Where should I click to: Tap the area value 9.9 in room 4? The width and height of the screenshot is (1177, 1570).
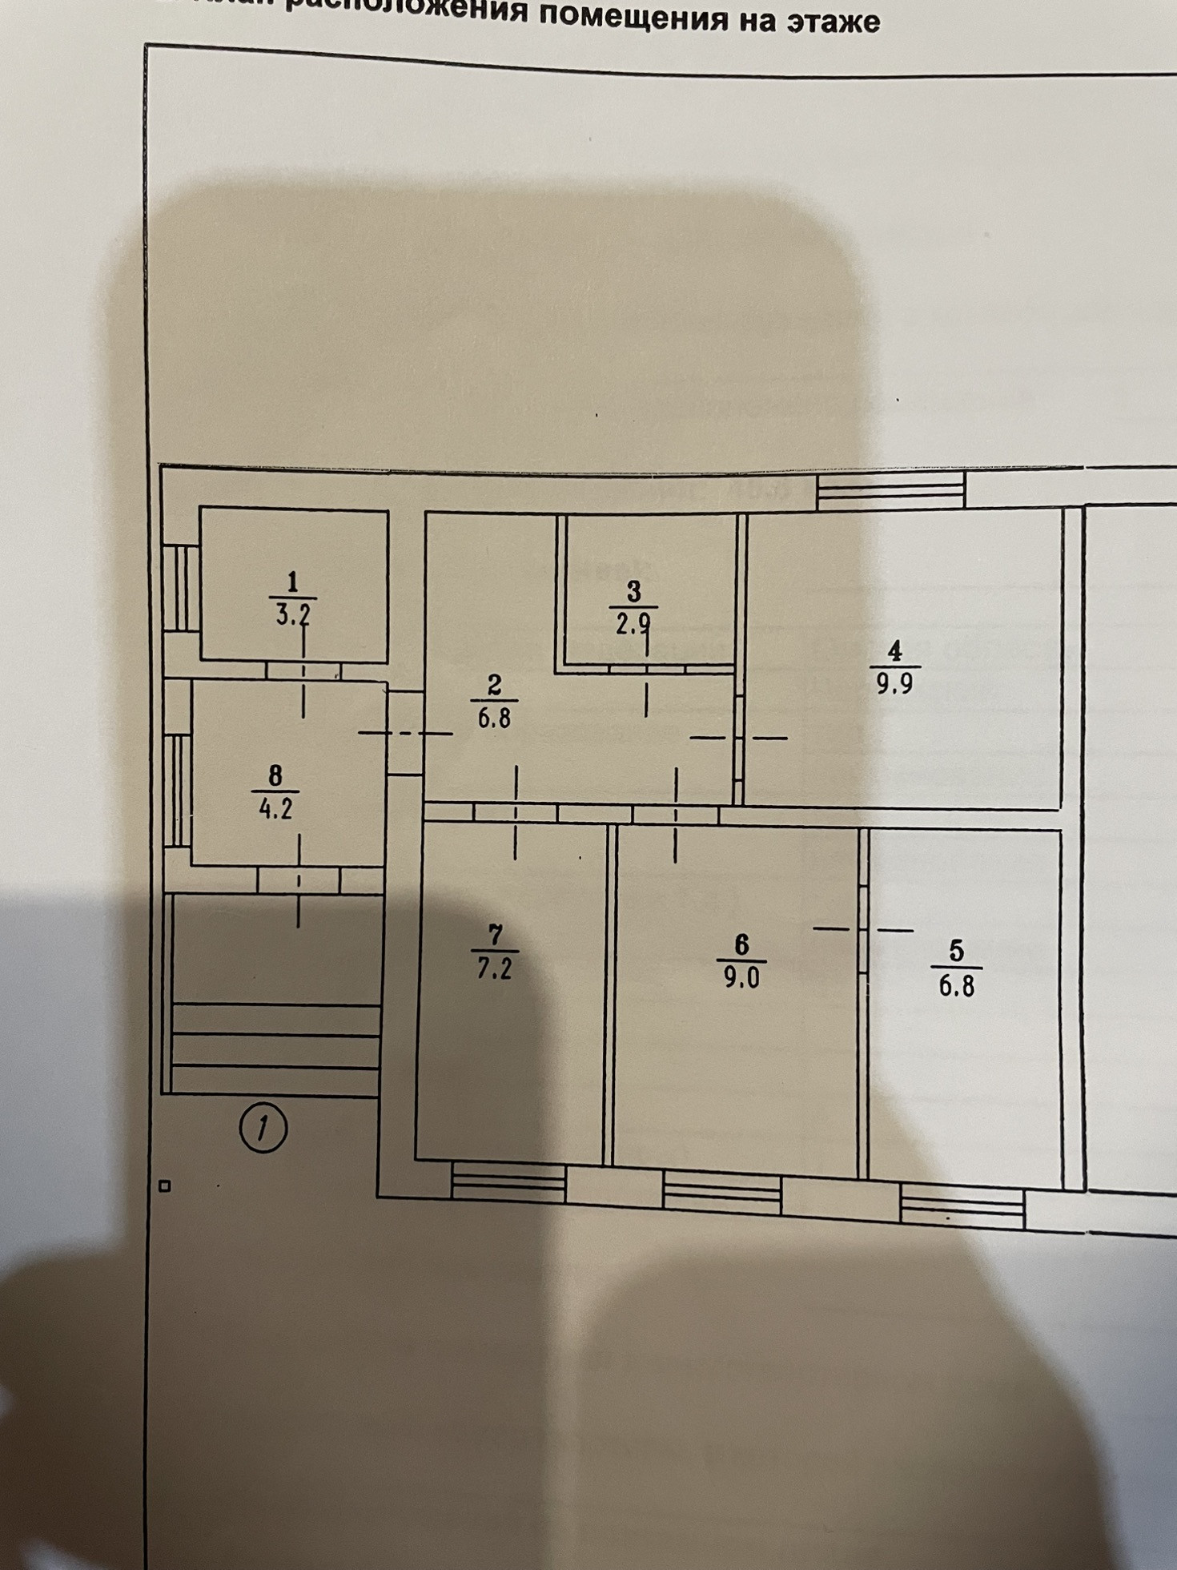[894, 685]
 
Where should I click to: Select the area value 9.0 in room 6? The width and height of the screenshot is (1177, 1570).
[741, 979]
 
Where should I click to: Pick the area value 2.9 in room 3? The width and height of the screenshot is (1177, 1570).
[633, 623]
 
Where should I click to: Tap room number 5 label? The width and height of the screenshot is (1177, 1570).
[955, 951]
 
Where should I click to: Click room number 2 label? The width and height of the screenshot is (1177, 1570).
[494, 685]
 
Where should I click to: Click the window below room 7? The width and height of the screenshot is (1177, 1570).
[508, 1183]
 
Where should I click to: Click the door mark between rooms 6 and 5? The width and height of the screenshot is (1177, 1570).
[863, 929]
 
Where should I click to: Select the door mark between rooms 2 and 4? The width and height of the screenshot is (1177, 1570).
[739, 738]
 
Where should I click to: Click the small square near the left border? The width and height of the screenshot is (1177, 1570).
[165, 1186]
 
